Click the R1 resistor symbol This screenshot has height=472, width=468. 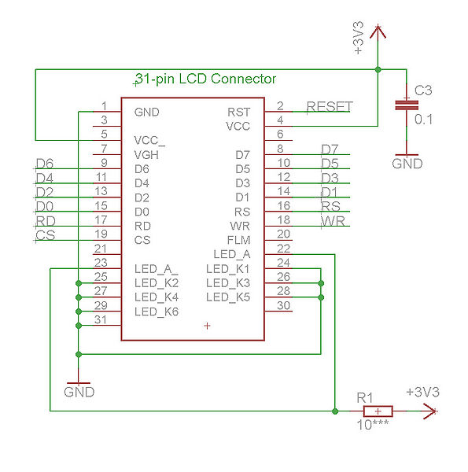(378, 411)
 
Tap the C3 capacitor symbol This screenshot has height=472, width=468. (407, 105)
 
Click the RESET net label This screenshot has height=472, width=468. (330, 106)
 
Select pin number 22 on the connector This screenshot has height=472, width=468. (283, 249)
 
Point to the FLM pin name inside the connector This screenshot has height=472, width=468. (238, 240)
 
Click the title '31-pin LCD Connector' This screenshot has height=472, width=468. (206, 79)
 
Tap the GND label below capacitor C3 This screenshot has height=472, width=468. (407, 164)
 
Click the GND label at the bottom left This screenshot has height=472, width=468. (79, 392)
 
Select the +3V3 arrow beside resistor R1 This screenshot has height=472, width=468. (430, 411)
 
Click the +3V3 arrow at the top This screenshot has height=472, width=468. (378, 32)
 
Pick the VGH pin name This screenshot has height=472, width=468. (146, 155)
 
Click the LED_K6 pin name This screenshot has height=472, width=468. (157, 312)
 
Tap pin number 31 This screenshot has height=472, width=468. (100, 319)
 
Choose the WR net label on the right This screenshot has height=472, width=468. (333, 221)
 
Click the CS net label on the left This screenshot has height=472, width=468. (46, 235)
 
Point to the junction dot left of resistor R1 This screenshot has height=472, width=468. (335, 411)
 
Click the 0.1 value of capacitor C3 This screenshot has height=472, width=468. (423, 120)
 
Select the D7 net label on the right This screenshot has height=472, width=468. (330, 149)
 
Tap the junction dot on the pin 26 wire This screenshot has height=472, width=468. (321, 283)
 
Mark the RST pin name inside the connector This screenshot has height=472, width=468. (238, 112)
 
